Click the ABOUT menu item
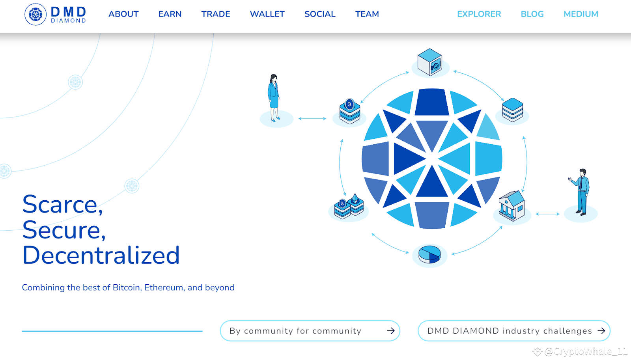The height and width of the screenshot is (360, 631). click(x=123, y=14)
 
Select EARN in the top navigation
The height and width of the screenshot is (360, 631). click(x=170, y=14)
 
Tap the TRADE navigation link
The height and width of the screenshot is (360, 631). click(x=215, y=14)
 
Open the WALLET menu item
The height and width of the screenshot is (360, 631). click(x=267, y=14)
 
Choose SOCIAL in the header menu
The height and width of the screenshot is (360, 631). click(x=320, y=14)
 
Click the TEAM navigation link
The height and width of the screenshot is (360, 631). click(x=367, y=14)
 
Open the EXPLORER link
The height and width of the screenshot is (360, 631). click(x=479, y=14)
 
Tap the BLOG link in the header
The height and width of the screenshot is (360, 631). click(x=532, y=14)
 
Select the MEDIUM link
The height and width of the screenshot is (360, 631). click(x=581, y=14)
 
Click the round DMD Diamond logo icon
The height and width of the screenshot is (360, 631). click(x=35, y=14)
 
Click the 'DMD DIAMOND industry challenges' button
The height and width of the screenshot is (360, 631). click(x=514, y=331)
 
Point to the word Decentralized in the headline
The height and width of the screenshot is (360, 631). click(x=101, y=255)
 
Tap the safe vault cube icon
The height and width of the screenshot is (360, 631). click(x=430, y=62)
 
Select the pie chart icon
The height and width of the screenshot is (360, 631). click(x=429, y=254)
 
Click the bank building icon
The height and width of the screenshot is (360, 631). click(x=512, y=206)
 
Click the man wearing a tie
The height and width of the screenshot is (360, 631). click(x=580, y=192)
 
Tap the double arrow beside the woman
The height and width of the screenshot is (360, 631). click(x=312, y=119)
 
